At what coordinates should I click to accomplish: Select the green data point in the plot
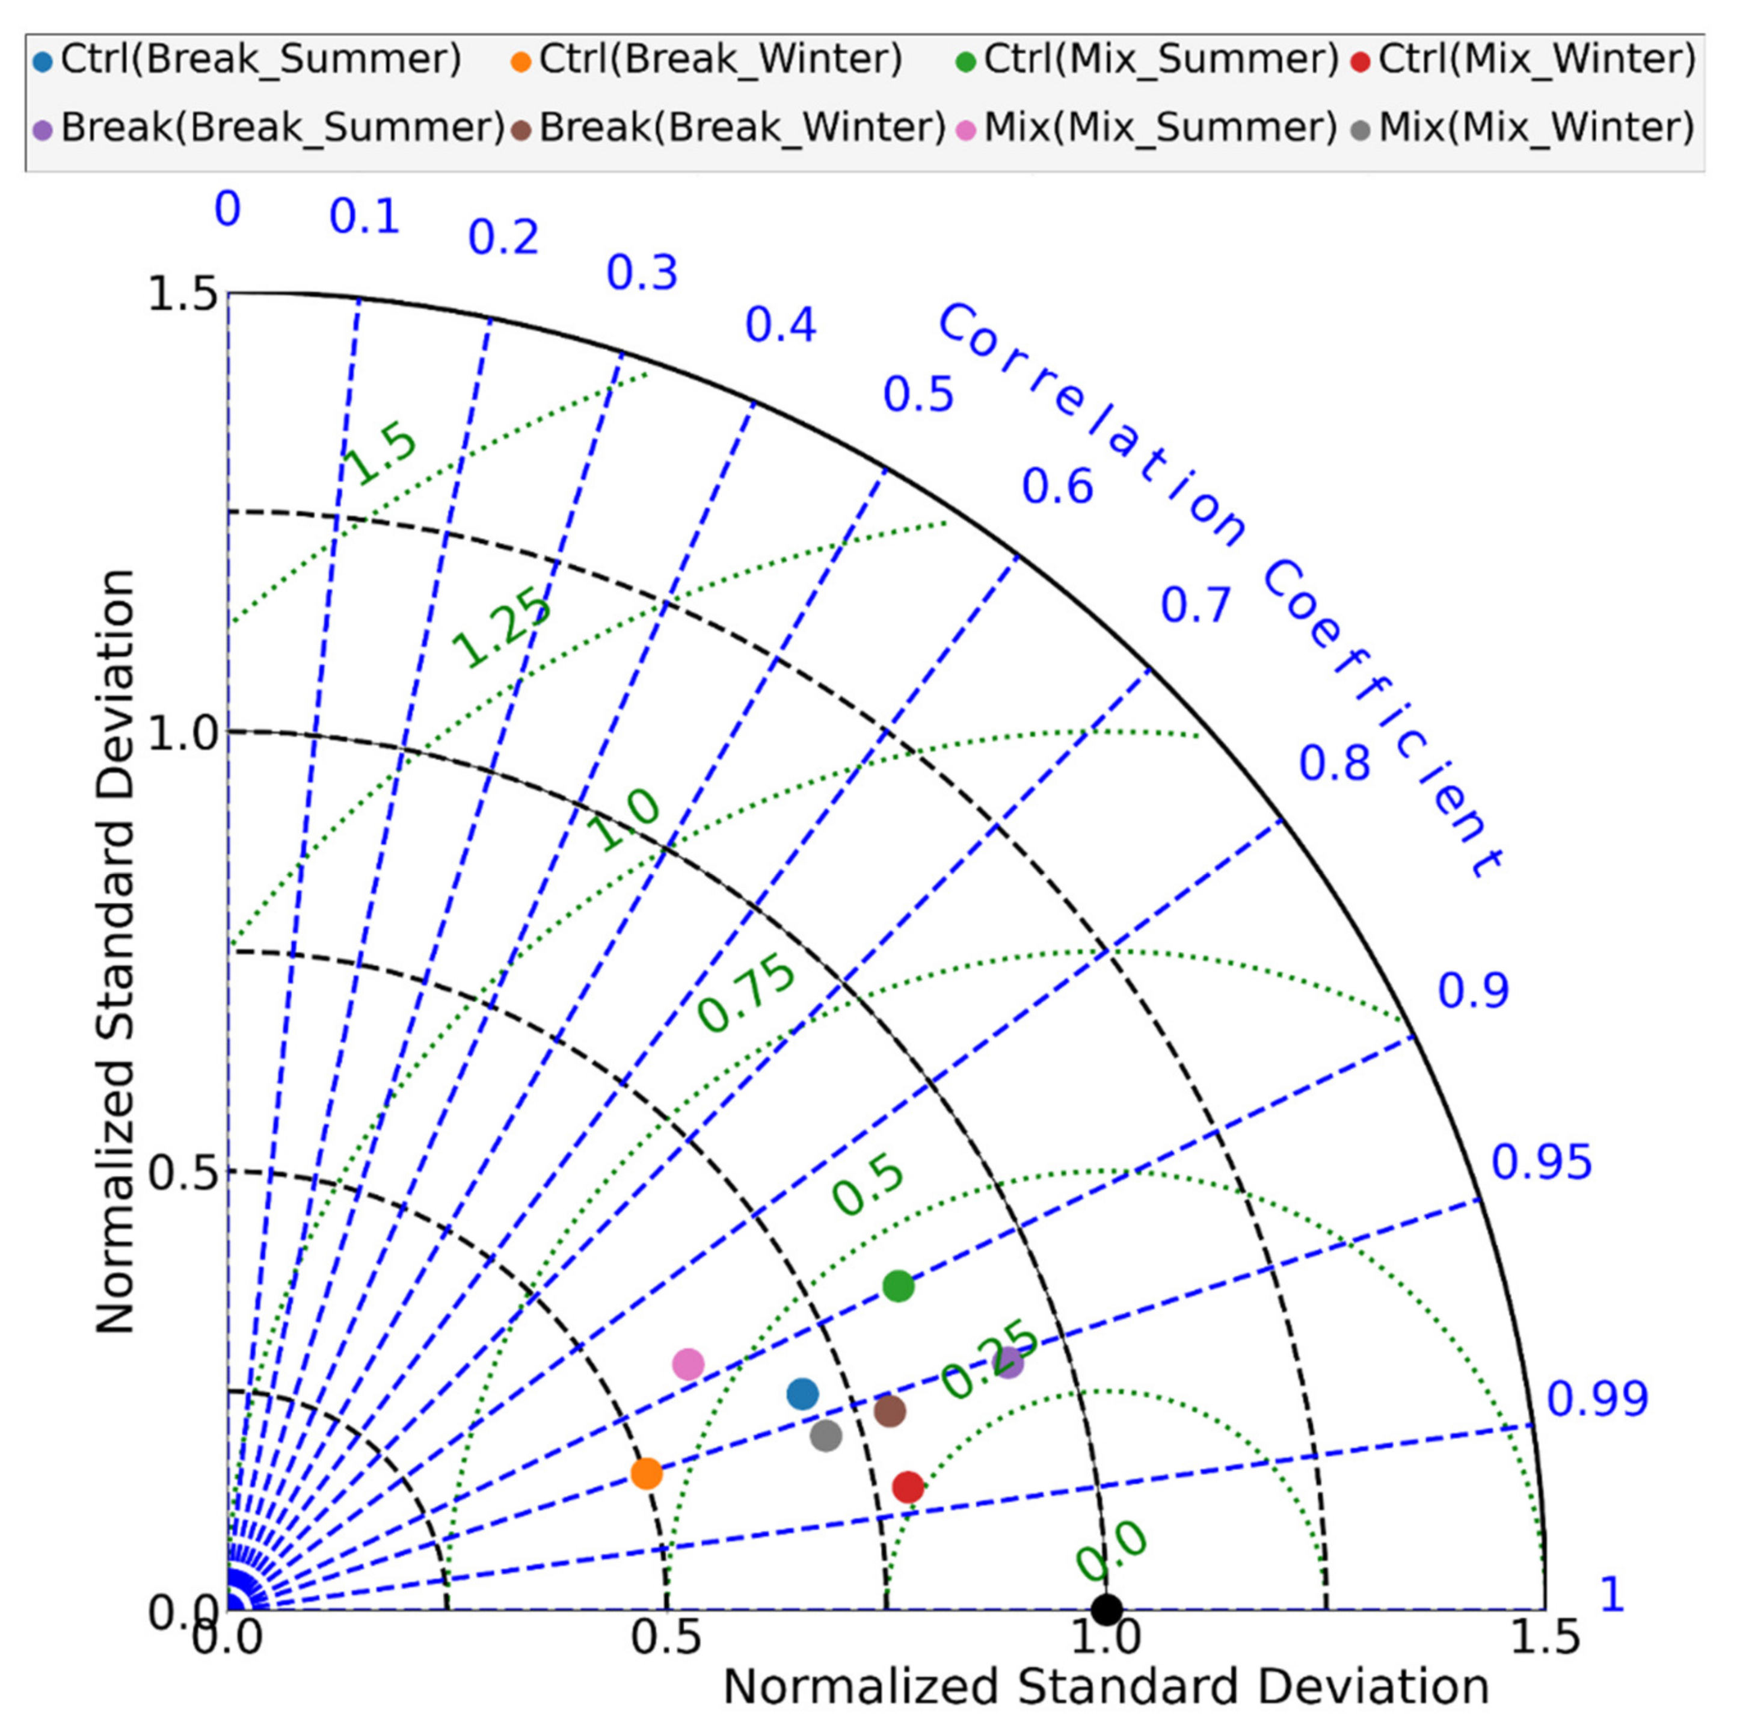[898, 1286]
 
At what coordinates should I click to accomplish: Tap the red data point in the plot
[908, 1487]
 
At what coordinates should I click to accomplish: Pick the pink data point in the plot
[688, 1364]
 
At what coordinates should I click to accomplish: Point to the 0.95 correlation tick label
[1541, 1162]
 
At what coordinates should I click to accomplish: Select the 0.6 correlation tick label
[1057, 487]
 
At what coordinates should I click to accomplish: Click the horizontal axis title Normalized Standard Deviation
[1106, 1687]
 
